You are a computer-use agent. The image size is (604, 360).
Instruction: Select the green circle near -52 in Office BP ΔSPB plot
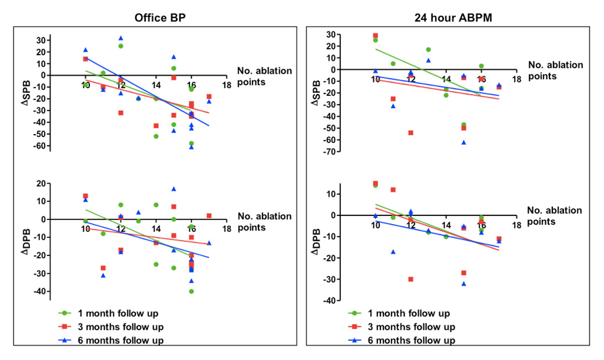[x=156, y=136]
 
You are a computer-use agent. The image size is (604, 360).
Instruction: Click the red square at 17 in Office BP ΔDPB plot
[x=209, y=216]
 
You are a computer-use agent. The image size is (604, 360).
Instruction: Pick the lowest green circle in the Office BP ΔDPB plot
[x=191, y=291]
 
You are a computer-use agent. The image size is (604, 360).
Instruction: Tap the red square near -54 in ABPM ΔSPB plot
[x=411, y=133]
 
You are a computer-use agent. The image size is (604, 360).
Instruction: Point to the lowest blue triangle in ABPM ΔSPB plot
[x=463, y=142]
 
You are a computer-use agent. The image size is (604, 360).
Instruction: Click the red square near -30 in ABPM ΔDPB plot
[x=411, y=279]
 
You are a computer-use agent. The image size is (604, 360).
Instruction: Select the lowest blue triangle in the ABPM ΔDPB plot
[x=463, y=283]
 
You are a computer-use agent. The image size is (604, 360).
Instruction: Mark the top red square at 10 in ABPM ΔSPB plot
[x=375, y=35]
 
